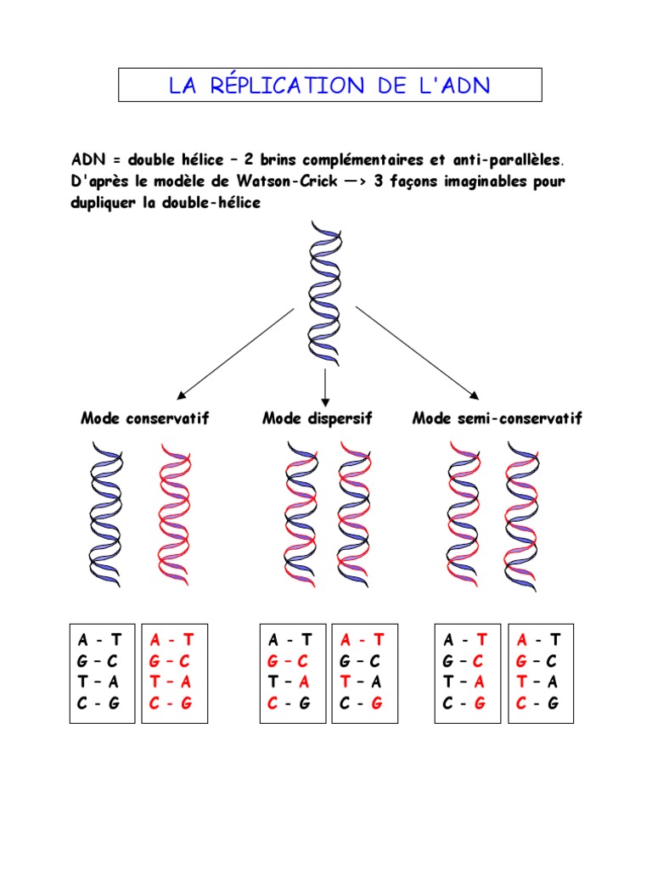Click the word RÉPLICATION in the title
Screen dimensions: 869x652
[x=289, y=86]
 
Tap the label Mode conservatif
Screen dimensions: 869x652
[x=145, y=418]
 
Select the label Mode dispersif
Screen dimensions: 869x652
[x=318, y=418]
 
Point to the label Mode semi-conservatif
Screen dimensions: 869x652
[x=497, y=418]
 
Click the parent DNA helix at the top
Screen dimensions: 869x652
[x=325, y=292]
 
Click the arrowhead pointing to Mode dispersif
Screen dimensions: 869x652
[x=325, y=401]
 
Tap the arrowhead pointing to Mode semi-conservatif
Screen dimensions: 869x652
[x=472, y=394]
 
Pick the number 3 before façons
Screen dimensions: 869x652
[x=379, y=182]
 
